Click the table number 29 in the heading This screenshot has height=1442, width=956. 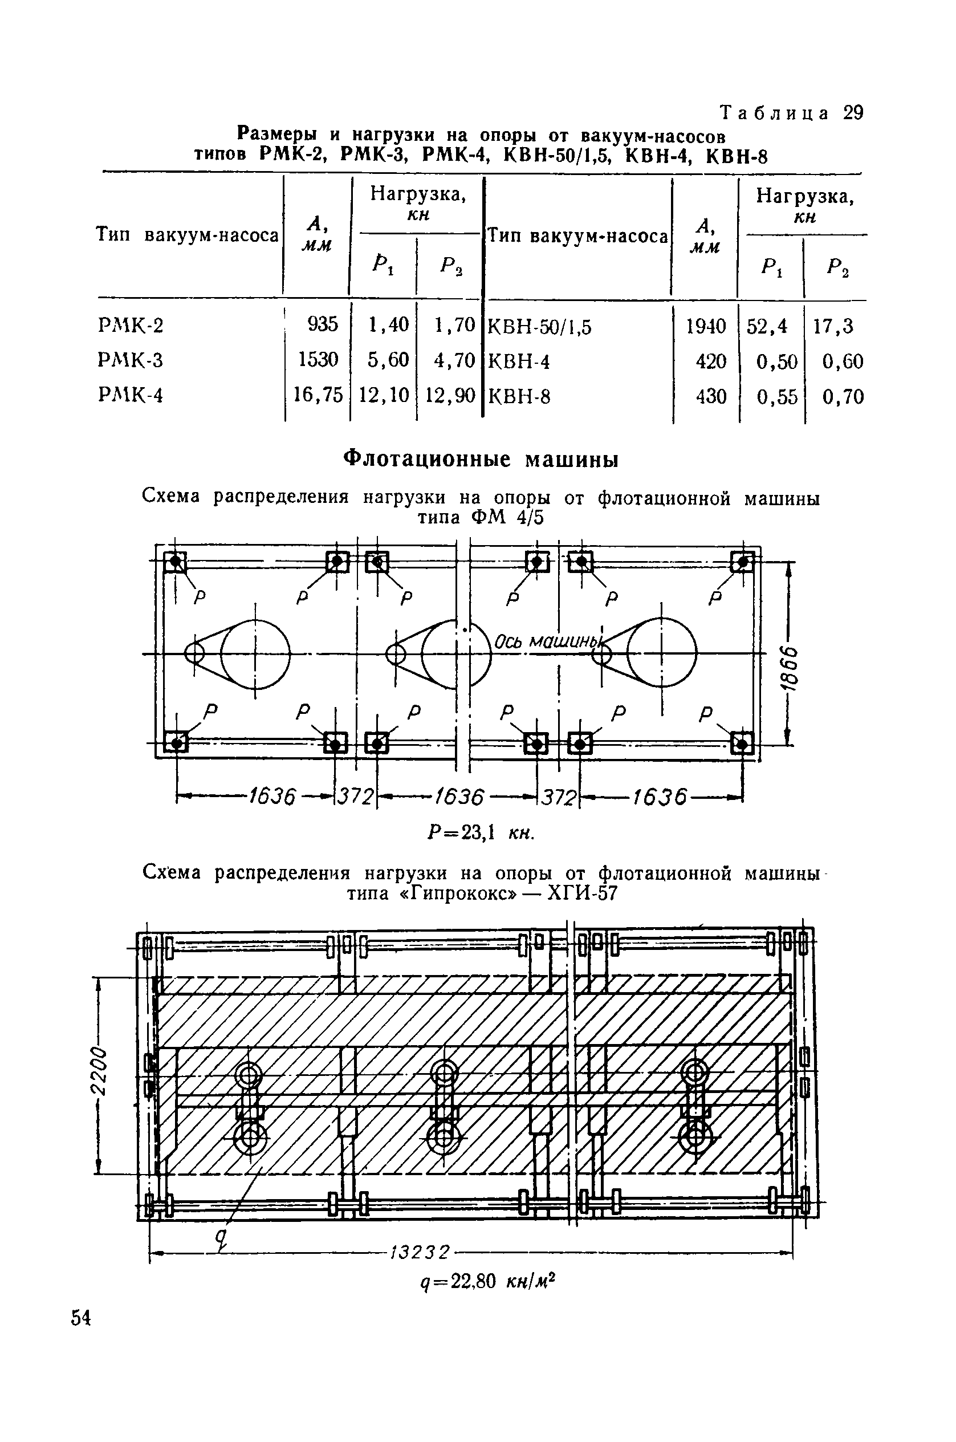click(853, 113)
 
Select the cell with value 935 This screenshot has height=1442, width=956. click(323, 324)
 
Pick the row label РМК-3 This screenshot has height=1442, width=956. click(131, 360)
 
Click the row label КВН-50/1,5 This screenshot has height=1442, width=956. click(540, 327)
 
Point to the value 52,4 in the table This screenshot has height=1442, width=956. click(767, 327)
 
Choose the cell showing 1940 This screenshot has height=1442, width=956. click(706, 327)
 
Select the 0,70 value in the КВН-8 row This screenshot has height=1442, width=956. click(843, 397)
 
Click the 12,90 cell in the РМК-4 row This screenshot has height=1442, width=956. click(449, 396)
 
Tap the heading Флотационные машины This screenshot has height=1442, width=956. click(481, 459)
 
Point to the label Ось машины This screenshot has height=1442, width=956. click(547, 642)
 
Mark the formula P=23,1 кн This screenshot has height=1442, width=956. click(481, 832)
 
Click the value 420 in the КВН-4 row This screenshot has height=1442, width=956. click(711, 362)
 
